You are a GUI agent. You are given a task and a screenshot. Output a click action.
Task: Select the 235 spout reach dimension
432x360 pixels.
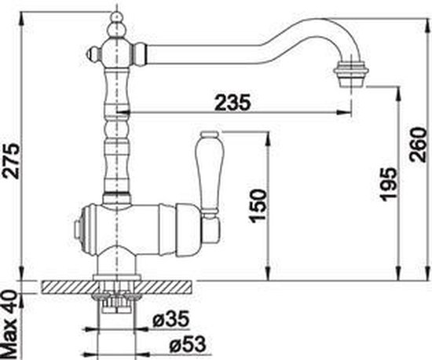coord(232,102)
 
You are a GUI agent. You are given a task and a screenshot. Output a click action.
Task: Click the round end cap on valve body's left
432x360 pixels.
coord(77,229)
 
